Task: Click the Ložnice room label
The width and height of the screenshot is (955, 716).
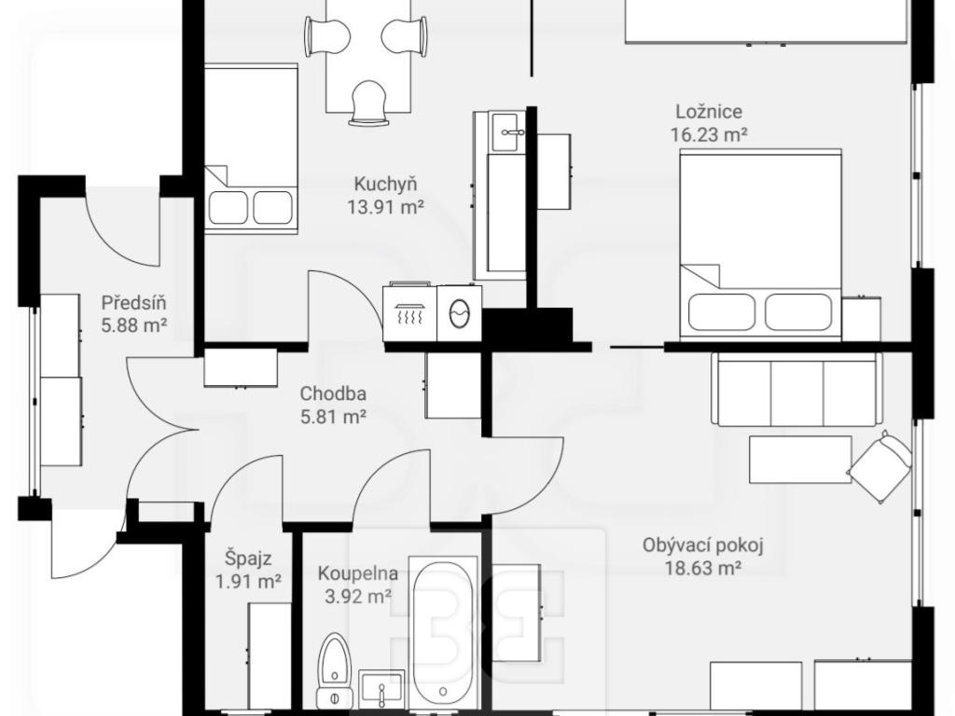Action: coord(709,112)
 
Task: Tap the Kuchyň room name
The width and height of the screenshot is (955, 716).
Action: coord(385,184)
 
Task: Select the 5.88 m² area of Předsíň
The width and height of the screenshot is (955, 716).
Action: coord(134,325)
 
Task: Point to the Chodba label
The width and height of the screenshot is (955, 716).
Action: coord(333,394)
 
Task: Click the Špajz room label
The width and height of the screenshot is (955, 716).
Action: coord(248,558)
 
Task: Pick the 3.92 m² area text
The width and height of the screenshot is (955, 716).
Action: coord(358,597)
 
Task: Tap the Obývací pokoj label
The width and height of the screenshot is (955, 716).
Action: coord(703,544)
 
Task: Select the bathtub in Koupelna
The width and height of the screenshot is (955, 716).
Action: coord(443,632)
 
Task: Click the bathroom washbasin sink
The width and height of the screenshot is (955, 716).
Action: coord(381,687)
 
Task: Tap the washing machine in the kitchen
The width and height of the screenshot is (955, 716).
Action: coord(460,313)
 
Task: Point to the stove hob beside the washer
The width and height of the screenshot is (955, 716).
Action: coord(410,312)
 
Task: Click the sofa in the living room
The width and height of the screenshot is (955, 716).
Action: coord(796,389)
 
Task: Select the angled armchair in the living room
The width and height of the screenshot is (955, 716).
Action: coord(880,466)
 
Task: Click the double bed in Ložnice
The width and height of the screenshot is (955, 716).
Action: coord(761,243)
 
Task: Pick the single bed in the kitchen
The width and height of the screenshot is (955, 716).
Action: coord(251,148)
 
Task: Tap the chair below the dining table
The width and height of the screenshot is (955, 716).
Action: coord(368,103)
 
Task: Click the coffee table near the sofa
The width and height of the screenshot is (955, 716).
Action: coord(800,459)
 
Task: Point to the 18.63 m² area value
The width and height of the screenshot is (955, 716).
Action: coord(703,569)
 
